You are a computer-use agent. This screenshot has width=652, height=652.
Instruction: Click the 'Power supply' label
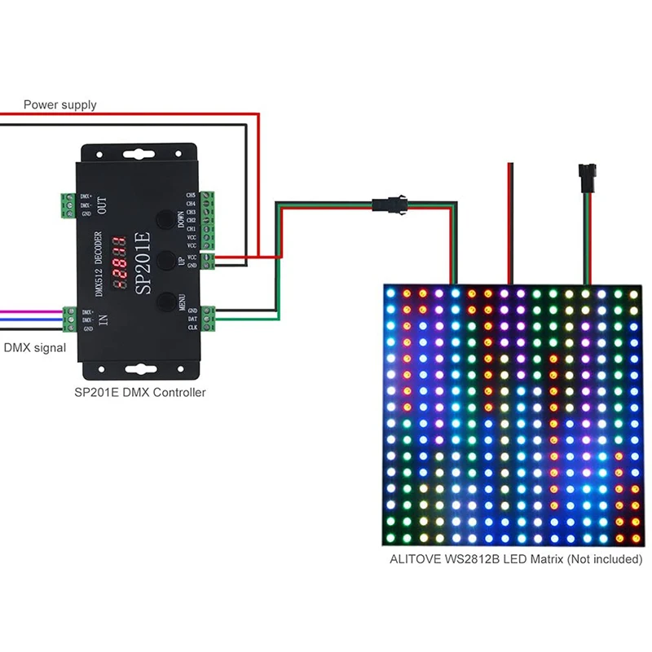pyautogui.click(x=59, y=104)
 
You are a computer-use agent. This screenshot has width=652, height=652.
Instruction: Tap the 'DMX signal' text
pyautogui.click(x=35, y=348)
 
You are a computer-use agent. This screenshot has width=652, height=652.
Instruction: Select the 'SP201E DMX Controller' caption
pyautogui.click(x=139, y=392)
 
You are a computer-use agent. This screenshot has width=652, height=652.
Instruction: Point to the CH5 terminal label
pyautogui.click(x=191, y=196)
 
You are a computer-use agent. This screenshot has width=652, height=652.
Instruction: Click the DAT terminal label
pyautogui.click(x=192, y=319)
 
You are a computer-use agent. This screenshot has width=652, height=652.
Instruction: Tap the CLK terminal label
pyautogui.click(x=192, y=328)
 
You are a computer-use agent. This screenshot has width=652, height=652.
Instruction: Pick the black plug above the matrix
pyautogui.click(x=583, y=174)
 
